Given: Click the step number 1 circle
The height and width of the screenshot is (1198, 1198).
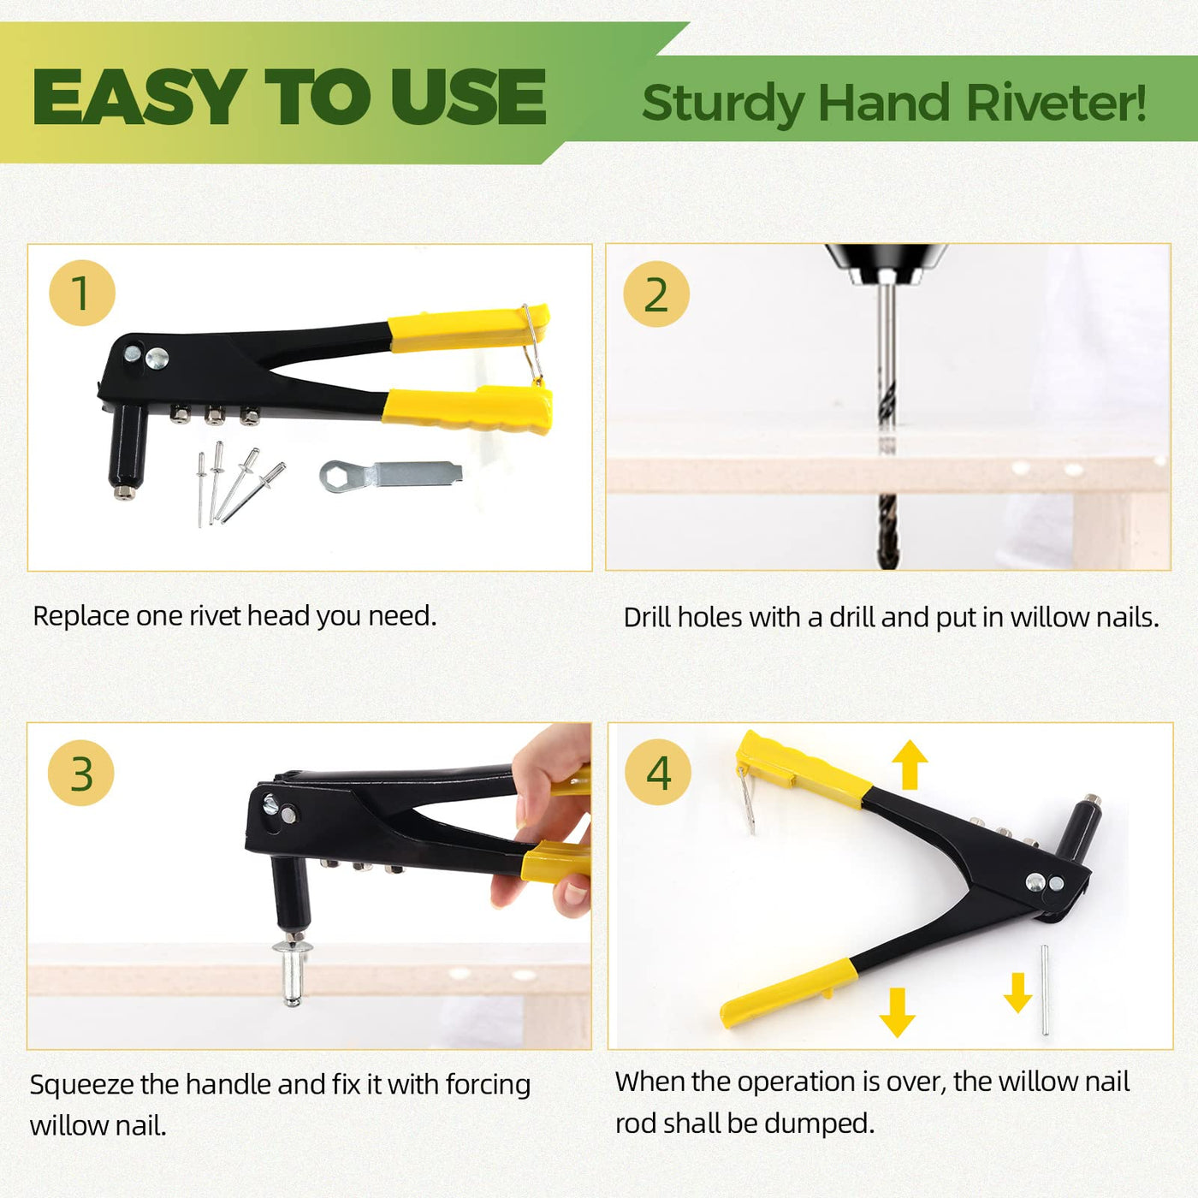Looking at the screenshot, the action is pyautogui.click(x=82, y=292).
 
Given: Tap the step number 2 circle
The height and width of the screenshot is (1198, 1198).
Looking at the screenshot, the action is pyautogui.click(x=656, y=294).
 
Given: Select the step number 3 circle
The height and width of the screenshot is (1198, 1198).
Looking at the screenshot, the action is pyautogui.click(x=80, y=774).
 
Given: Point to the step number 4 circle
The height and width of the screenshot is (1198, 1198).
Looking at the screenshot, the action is pyautogui.click(x=658, y=773).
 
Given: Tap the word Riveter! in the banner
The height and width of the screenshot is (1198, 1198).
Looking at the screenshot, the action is pyautogui.click(x=1056, y=103).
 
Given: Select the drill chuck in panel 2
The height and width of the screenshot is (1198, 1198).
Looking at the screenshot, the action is pyautogui.click(x=887, y=264).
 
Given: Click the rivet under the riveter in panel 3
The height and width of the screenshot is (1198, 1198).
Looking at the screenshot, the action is pyautogui.click(x=292, y=970).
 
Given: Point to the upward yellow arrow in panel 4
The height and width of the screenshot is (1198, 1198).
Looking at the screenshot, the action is pyautogui.click(x=910, y=764).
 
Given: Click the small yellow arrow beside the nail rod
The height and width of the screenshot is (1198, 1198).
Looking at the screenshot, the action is pyautogui.click(x=1017, y=993).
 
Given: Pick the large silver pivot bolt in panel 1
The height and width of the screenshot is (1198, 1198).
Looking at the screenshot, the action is pyautogui.click(x=157, y=358).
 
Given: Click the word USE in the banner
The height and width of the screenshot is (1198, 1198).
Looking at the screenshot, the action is pyautogui.click(x=468, y=97).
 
